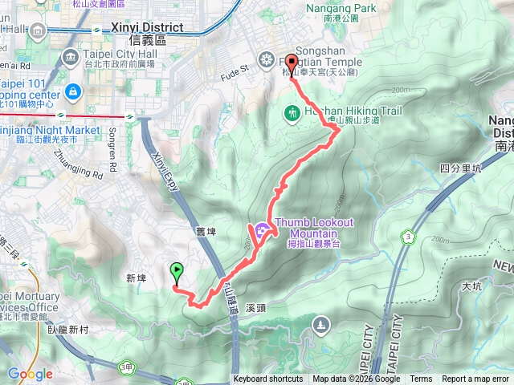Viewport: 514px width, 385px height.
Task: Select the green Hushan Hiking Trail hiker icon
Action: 292,113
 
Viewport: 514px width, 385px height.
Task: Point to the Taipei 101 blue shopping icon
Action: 73,91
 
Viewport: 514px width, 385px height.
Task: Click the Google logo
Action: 30,374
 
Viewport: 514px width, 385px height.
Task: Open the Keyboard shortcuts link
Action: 268,379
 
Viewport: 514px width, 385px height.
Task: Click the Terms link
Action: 421,379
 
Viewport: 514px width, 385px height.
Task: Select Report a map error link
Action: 475,379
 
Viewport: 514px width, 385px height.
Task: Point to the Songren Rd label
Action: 112,147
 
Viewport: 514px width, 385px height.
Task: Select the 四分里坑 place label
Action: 459,168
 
